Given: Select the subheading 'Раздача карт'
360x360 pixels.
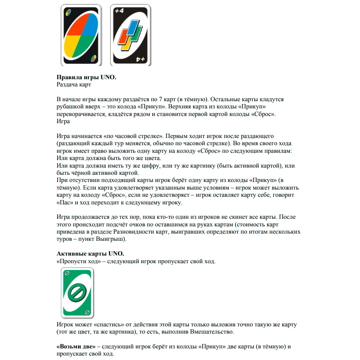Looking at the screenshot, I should click(74, 85).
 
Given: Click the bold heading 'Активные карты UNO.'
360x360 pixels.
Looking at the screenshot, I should click(90, 254).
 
